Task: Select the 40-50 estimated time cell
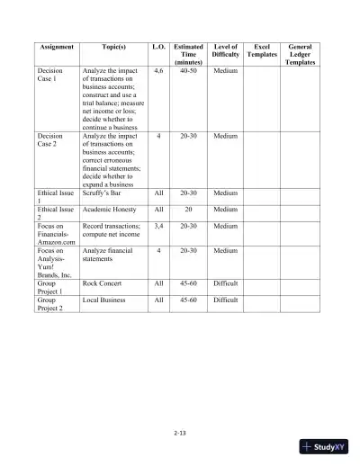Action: tap(188, 69)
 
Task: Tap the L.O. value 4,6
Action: tap(158, 69)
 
